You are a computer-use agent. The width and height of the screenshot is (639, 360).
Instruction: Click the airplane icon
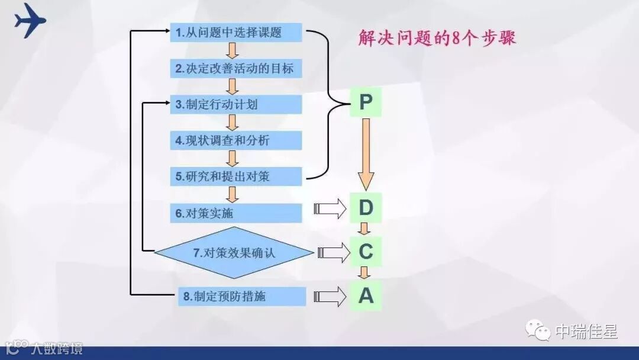[30, 20]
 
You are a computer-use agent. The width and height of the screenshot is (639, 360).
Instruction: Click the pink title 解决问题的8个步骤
[437, 38]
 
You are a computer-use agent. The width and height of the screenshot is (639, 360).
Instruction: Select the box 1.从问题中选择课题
[236, 33]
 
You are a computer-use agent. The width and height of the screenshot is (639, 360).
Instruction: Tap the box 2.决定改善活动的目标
[236, 69]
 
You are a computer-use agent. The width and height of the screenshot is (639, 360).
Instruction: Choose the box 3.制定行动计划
[236, 105]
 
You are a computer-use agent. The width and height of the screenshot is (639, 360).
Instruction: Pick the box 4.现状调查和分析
[236, 140]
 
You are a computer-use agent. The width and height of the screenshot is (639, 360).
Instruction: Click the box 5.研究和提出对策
[236, 176]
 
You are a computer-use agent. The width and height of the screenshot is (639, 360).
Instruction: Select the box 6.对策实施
[236, 213]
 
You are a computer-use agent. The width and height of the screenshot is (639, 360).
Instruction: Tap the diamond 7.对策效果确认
[234, 253]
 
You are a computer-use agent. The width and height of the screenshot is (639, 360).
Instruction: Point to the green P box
[366, 103]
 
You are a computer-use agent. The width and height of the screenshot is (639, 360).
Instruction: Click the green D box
[366, 208]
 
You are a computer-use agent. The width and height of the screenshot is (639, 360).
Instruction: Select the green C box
[366, 252]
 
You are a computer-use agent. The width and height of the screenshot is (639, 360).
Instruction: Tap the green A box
[366, 295]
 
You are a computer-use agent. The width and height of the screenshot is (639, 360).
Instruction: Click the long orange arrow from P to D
[366, 154]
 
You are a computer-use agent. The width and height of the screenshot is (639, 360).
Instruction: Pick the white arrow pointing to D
[332, 208]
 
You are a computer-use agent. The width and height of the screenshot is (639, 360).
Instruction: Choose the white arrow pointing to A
[332, 296]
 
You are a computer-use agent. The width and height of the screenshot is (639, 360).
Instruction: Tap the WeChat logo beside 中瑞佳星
[538, 332]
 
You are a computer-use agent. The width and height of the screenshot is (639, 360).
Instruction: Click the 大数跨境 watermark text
[57, 348]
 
